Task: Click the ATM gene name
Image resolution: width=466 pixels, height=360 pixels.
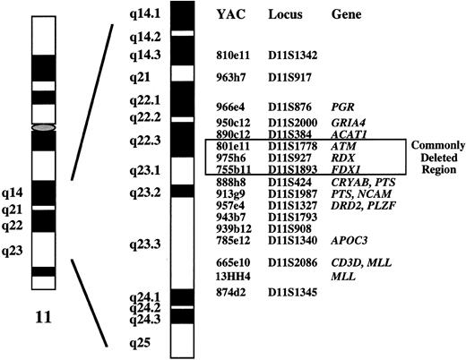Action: [341, 144]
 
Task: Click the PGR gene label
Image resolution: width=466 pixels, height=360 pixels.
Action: [341, 105]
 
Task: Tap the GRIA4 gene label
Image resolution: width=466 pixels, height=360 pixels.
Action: [348, 121]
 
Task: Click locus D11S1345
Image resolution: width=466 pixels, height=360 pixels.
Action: [293, 292]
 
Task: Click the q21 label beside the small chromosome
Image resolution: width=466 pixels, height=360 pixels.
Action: [13, 209]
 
